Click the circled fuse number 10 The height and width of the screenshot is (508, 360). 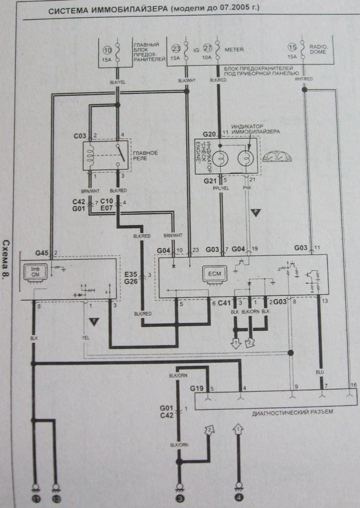coord(108,51)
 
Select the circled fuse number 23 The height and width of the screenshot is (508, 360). coord(175,48)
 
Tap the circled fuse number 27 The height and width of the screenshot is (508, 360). coord(208,48)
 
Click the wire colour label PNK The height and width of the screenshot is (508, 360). coord(247,189)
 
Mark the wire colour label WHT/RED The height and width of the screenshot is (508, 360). coord(303,79)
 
